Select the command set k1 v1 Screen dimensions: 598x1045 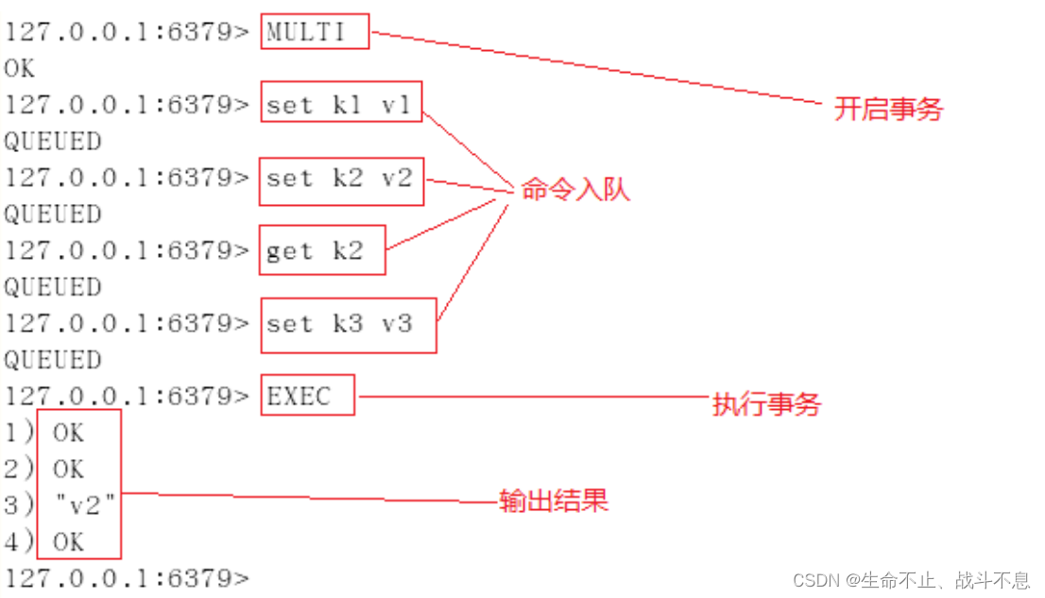pyautogui.click(x=339, y=105)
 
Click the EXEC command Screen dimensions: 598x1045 pyautogui.click(x=300, y=397)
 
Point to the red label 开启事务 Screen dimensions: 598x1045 pyautogui.click(x=888, y=109)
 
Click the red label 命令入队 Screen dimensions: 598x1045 pyautogui.click(x=574, y=189)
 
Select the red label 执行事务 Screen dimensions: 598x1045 pyautogui.click(x=766, y=405)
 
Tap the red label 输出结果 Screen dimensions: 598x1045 pyautogui.click(x=554, y=501)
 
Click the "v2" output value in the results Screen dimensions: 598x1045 pyautogui.click(x=85, y=506)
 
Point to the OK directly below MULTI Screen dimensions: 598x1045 pyautogui.click(x=20, y=69)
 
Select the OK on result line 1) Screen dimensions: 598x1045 pyautogui.click(x=68, y=434)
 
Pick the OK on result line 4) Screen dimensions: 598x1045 pyautogui.click(x=68, y=542)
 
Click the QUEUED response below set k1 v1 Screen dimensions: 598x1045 pyautogui.click(x=52, y=142)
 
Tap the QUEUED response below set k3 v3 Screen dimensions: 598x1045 pyautogui.click(x=52, y=360)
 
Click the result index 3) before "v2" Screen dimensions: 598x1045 pyautogui.click(x=19, y=506)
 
